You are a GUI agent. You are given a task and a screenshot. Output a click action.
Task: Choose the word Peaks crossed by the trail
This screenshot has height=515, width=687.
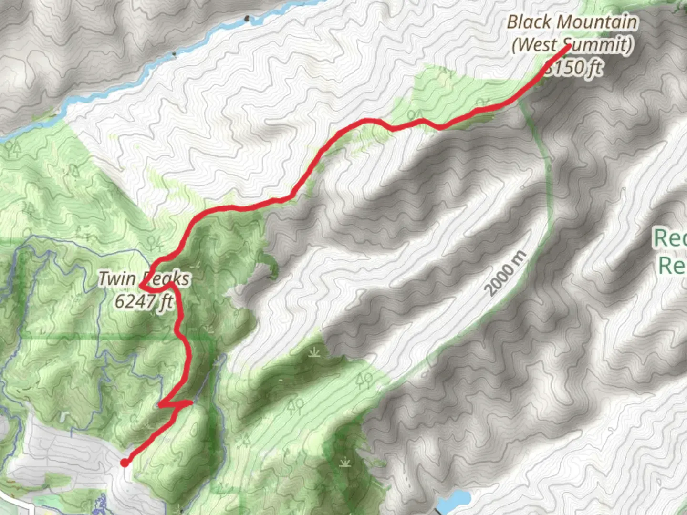pos(167,279)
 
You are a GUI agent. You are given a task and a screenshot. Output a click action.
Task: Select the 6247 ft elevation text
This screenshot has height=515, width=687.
pos(143,301)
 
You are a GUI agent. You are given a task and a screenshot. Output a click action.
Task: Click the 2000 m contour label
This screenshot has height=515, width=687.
pos(506,273)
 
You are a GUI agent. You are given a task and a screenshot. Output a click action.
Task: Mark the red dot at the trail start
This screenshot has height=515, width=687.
pos(125,463)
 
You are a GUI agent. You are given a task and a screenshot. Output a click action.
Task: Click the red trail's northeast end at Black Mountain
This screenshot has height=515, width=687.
pos(568,46)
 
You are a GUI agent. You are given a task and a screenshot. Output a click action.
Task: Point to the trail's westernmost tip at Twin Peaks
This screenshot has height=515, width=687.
pos(141,286)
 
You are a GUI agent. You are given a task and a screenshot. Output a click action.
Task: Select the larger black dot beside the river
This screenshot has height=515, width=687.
pos(247,19)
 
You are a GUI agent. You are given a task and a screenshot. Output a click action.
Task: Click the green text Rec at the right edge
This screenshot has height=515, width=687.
pos(670,237)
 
